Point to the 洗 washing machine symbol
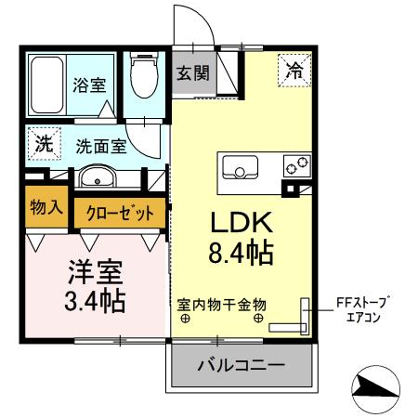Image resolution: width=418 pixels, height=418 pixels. pyautogui.click(x=44, y=143)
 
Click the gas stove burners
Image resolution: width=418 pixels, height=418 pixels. pyautogui.click(x=299, y=168)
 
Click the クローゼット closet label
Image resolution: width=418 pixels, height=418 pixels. pyautogui.click(x=120, y=212)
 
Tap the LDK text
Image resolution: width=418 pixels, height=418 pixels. pyautogui.click(x=238, y=223)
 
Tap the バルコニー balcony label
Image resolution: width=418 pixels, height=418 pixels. pyautogui.click(x=241, y=365)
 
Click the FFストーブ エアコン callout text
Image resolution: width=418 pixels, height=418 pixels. pyautogui.click(x=366, y=309)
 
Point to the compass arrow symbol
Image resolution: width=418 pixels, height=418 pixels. pyautogui.click(x=377, y=385)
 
